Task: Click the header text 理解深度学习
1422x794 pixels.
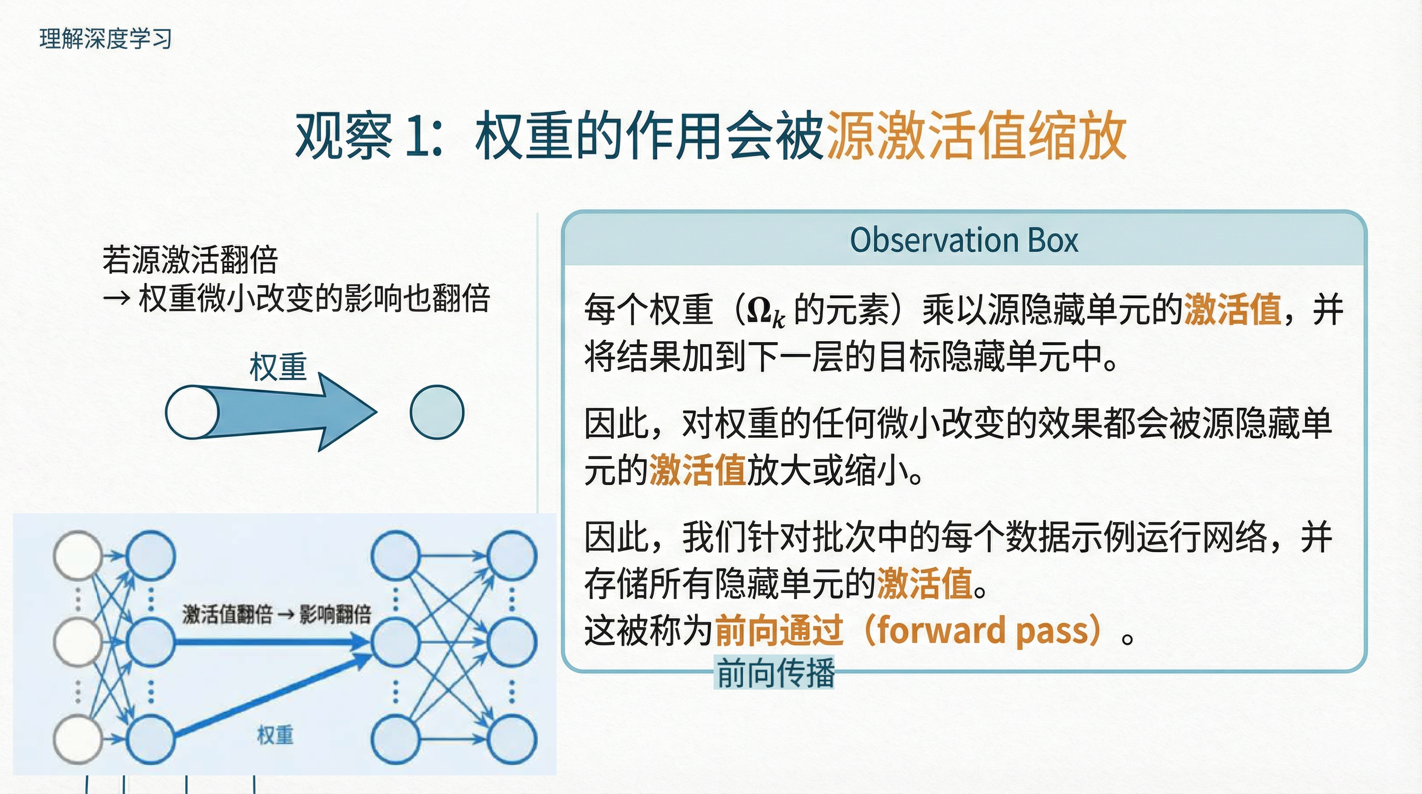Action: pos(105,39)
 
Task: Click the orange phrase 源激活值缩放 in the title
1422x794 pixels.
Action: pos(976,136)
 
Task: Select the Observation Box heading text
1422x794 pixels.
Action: pos(964,240)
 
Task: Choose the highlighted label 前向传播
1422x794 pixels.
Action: pos(775,673)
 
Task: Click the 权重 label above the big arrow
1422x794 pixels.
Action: pos(277,367)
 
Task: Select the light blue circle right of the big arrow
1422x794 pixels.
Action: pos(437,413)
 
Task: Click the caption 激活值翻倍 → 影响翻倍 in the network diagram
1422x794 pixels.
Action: pos(276,615)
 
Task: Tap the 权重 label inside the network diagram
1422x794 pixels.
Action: pos(275,736)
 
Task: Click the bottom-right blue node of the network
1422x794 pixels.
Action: pos(512,739)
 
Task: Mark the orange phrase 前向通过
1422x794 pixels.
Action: pos(779,631)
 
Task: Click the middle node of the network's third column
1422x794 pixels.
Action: pos(395,642)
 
